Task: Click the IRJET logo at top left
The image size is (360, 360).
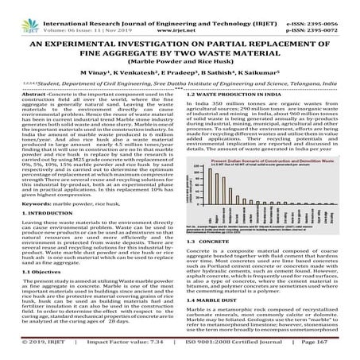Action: (18, 11)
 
